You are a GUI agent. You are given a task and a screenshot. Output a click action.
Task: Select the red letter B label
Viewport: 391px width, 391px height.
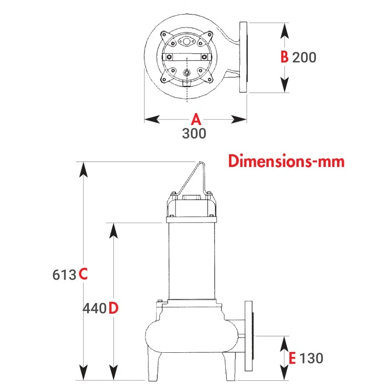284,57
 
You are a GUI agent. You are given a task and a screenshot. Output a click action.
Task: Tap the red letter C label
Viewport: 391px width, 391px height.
83,274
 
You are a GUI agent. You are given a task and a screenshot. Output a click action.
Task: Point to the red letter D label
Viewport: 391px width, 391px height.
113,308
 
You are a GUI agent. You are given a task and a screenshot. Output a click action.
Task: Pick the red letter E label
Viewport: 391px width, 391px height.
292,358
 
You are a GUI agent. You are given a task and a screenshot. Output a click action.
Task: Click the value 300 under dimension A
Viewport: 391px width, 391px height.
194,133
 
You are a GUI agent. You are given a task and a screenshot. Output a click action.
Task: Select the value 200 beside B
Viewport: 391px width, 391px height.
304,57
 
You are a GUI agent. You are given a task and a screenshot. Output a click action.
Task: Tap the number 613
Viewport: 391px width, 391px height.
64,275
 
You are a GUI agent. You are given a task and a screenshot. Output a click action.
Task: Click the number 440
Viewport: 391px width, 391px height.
95,309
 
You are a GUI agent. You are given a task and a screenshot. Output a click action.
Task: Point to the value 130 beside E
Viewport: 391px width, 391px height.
311,358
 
